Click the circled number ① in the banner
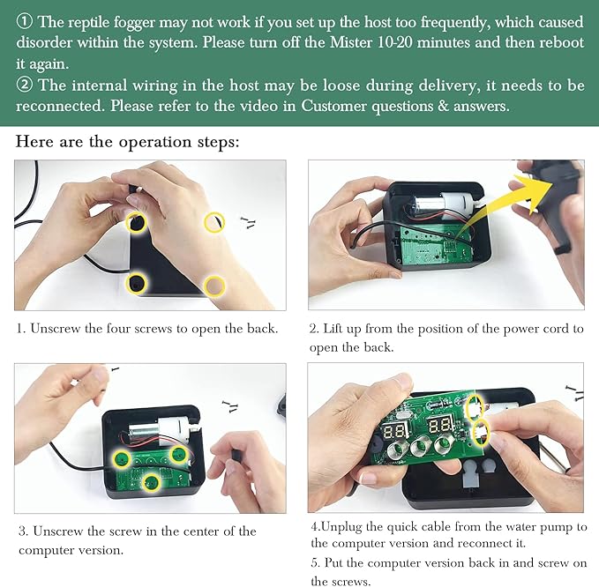tap(24, 22)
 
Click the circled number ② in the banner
tap(24, 85)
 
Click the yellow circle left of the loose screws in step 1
tap(214, 222)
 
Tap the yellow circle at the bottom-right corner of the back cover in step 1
tap(214, 286)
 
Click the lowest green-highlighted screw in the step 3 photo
tap(151, 483)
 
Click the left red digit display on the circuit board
tap(395, 432)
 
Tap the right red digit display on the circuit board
tap(441, 425)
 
